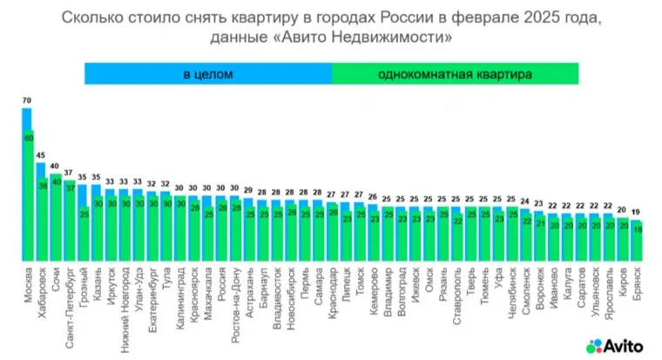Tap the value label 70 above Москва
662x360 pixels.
pyautogui.click(x=27, y=101)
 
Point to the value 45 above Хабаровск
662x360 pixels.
pyautogui.click(x=41, y=156)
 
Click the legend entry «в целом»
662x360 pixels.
pyautogui.click(x=208, y=74)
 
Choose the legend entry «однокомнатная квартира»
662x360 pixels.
pyautogui.click(x=454, y=74)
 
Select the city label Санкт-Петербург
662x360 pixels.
pyautogui.click(x=70, y=301)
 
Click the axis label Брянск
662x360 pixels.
pyautogui.click(x=637, y=284)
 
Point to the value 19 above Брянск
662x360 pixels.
pyautogui.click(x=636, y=211)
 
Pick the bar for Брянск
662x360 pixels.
pyautogui.click(x=637, y=240)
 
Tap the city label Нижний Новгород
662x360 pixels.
pyautogui.click(x=125, y=301)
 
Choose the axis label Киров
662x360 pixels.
pyautogui.click(x=623, y=282)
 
